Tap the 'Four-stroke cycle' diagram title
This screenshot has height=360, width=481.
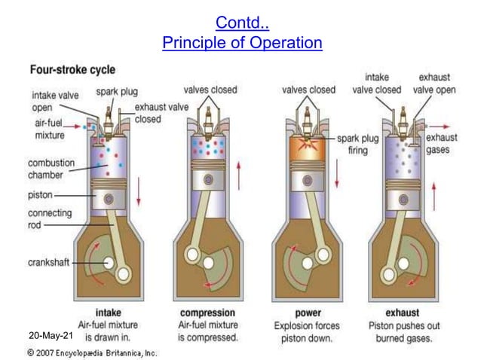(72, 70)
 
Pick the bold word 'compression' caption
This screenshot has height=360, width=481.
(208, 313)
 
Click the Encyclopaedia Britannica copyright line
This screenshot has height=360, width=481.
(91, 352)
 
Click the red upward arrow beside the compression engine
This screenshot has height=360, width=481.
(240, 172)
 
